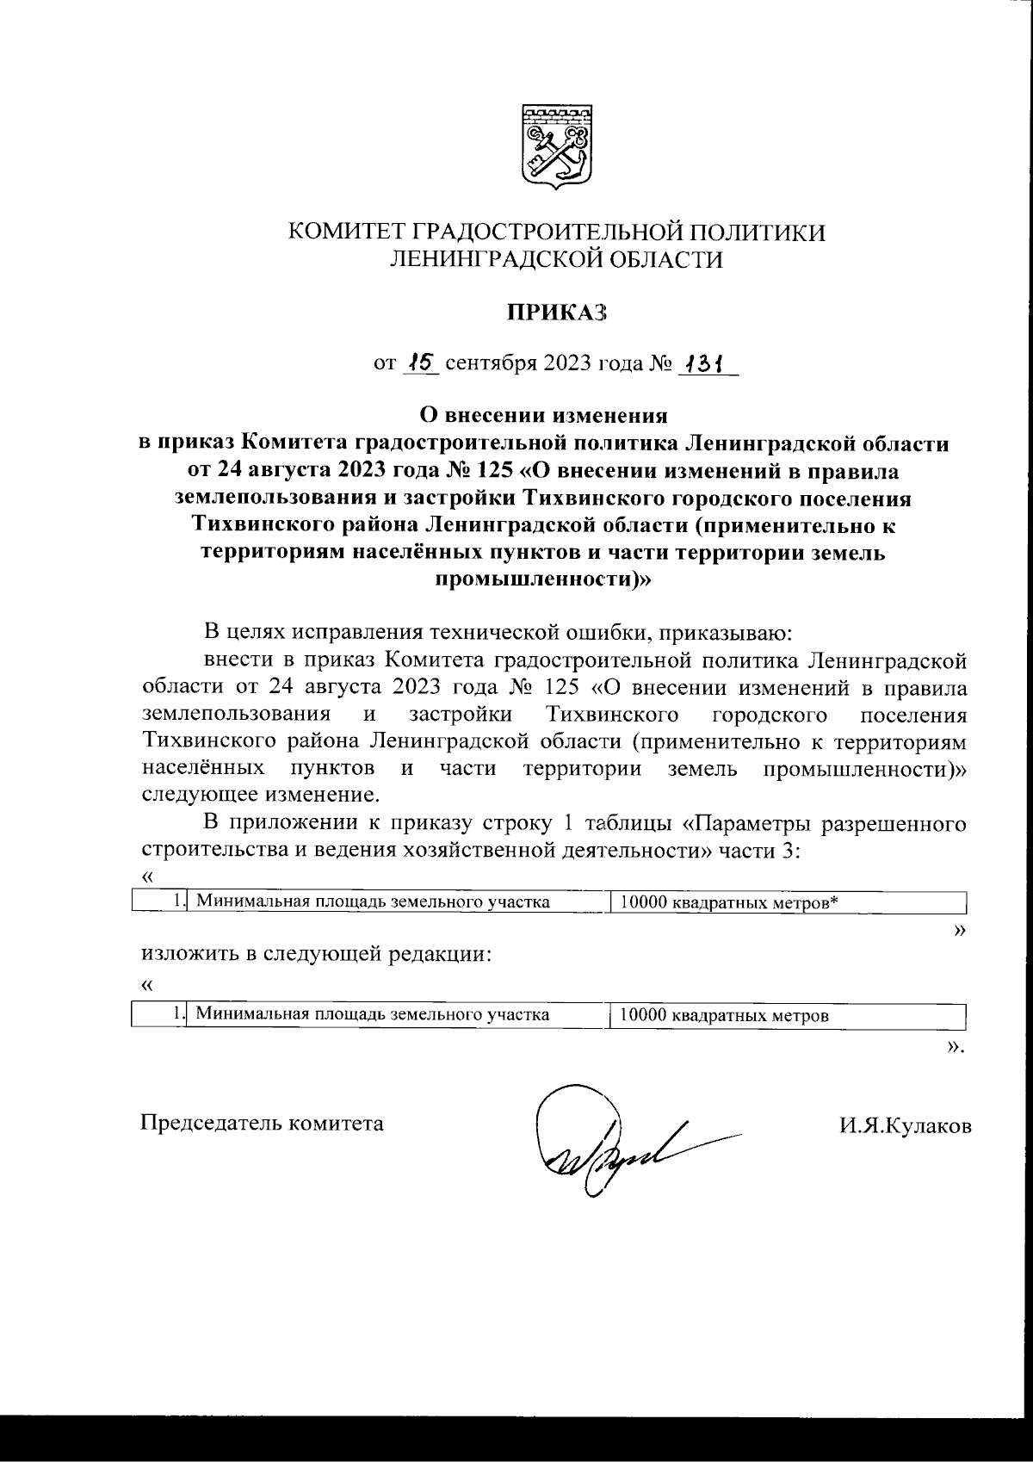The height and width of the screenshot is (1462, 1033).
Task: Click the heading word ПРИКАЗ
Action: (556, 313)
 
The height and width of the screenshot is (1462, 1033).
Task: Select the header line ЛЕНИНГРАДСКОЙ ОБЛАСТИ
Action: (556, 259)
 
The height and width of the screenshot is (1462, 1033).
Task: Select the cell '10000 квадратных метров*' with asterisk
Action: (728, 902)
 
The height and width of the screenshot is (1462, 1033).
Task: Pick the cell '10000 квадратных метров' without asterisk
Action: (724, 1015)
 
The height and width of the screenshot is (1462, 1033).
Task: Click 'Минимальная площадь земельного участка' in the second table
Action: (373, 1015)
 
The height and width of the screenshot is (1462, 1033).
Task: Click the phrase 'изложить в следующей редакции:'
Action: (317, 955)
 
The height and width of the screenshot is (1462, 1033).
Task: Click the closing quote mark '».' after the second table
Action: (954, 1046)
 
